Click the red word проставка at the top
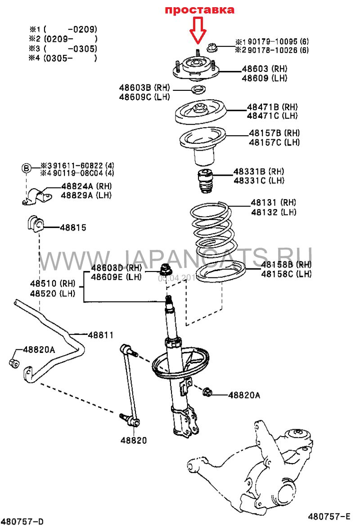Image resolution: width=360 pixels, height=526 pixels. coord(199,10)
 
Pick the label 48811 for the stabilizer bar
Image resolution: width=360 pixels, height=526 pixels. coord(100,335)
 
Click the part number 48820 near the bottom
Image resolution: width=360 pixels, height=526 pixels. coord(133,441)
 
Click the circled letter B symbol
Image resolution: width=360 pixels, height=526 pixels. coord(27,168)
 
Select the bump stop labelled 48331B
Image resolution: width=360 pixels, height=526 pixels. coord(205,181)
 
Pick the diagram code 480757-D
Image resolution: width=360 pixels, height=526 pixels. coord(22,522)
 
